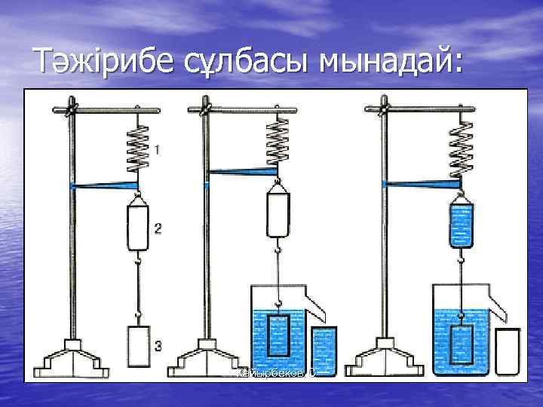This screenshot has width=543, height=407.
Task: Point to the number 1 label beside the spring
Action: (157, 150)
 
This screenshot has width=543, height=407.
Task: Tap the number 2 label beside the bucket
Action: (157, 227)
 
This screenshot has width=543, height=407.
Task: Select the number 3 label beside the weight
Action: (157, 346)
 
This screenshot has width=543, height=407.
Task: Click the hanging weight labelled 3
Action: (138, 347)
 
